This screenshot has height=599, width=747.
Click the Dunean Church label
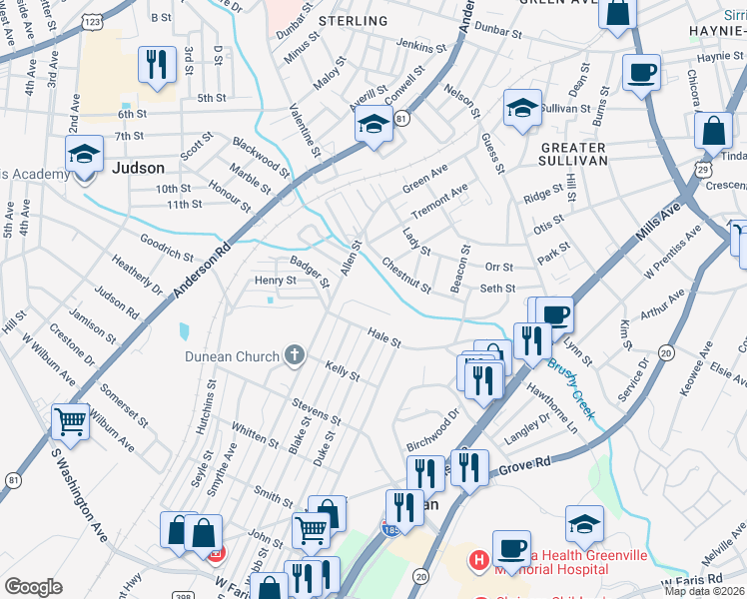click(x=231, y=355)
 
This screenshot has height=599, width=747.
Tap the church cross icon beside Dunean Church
click(x=294, y=354)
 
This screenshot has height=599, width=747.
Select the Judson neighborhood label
click(x=138, y=168)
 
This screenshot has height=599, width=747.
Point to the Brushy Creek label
click(x=569, y=390)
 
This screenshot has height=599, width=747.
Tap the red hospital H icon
click(x=478, y=557)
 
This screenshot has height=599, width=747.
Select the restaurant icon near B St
click(x=156, y=64)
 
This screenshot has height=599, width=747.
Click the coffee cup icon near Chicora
click(x=640, y=72)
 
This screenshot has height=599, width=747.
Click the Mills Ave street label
click(x=656, y=222)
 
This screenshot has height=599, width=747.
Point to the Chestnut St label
click(x=405, y=276)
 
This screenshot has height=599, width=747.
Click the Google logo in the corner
click(x=33, y=587)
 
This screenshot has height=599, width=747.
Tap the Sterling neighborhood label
click(x=353, y=21)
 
